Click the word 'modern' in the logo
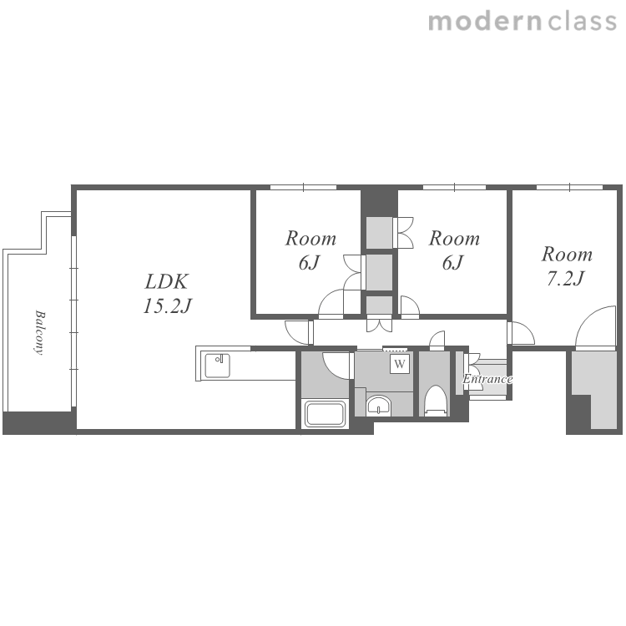click(485, 21)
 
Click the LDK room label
click(166, 282)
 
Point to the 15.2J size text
click(167, 306)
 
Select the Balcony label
click(38, 332)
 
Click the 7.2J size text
click(566, 278)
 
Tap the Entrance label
click(487, 379)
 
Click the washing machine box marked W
click(400, 364)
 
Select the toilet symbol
click(435, 401)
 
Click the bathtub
click(325, 414)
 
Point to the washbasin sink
click(378, 406)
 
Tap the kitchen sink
click(217, 366)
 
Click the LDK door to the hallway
click(298, 332)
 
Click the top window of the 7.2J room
click(569, 187)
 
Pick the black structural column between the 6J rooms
click(379, 203)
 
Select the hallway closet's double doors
click(379, 324)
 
